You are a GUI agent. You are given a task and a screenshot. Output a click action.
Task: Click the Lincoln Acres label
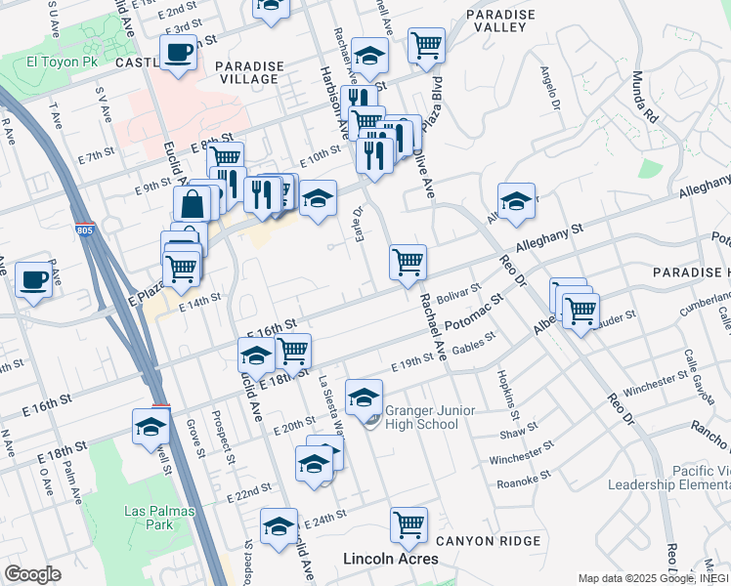point(390,559)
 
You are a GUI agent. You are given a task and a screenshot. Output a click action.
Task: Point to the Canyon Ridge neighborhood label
point(488,541)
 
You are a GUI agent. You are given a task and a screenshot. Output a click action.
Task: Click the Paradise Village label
point(249,73)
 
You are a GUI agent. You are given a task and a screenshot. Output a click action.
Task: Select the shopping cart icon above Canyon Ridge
point(408,524)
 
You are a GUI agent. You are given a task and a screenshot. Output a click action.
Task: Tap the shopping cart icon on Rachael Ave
point(408,261)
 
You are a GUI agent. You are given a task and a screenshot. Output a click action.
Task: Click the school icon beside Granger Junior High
point(365,397)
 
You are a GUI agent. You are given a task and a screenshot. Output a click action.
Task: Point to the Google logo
point(32,574)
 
